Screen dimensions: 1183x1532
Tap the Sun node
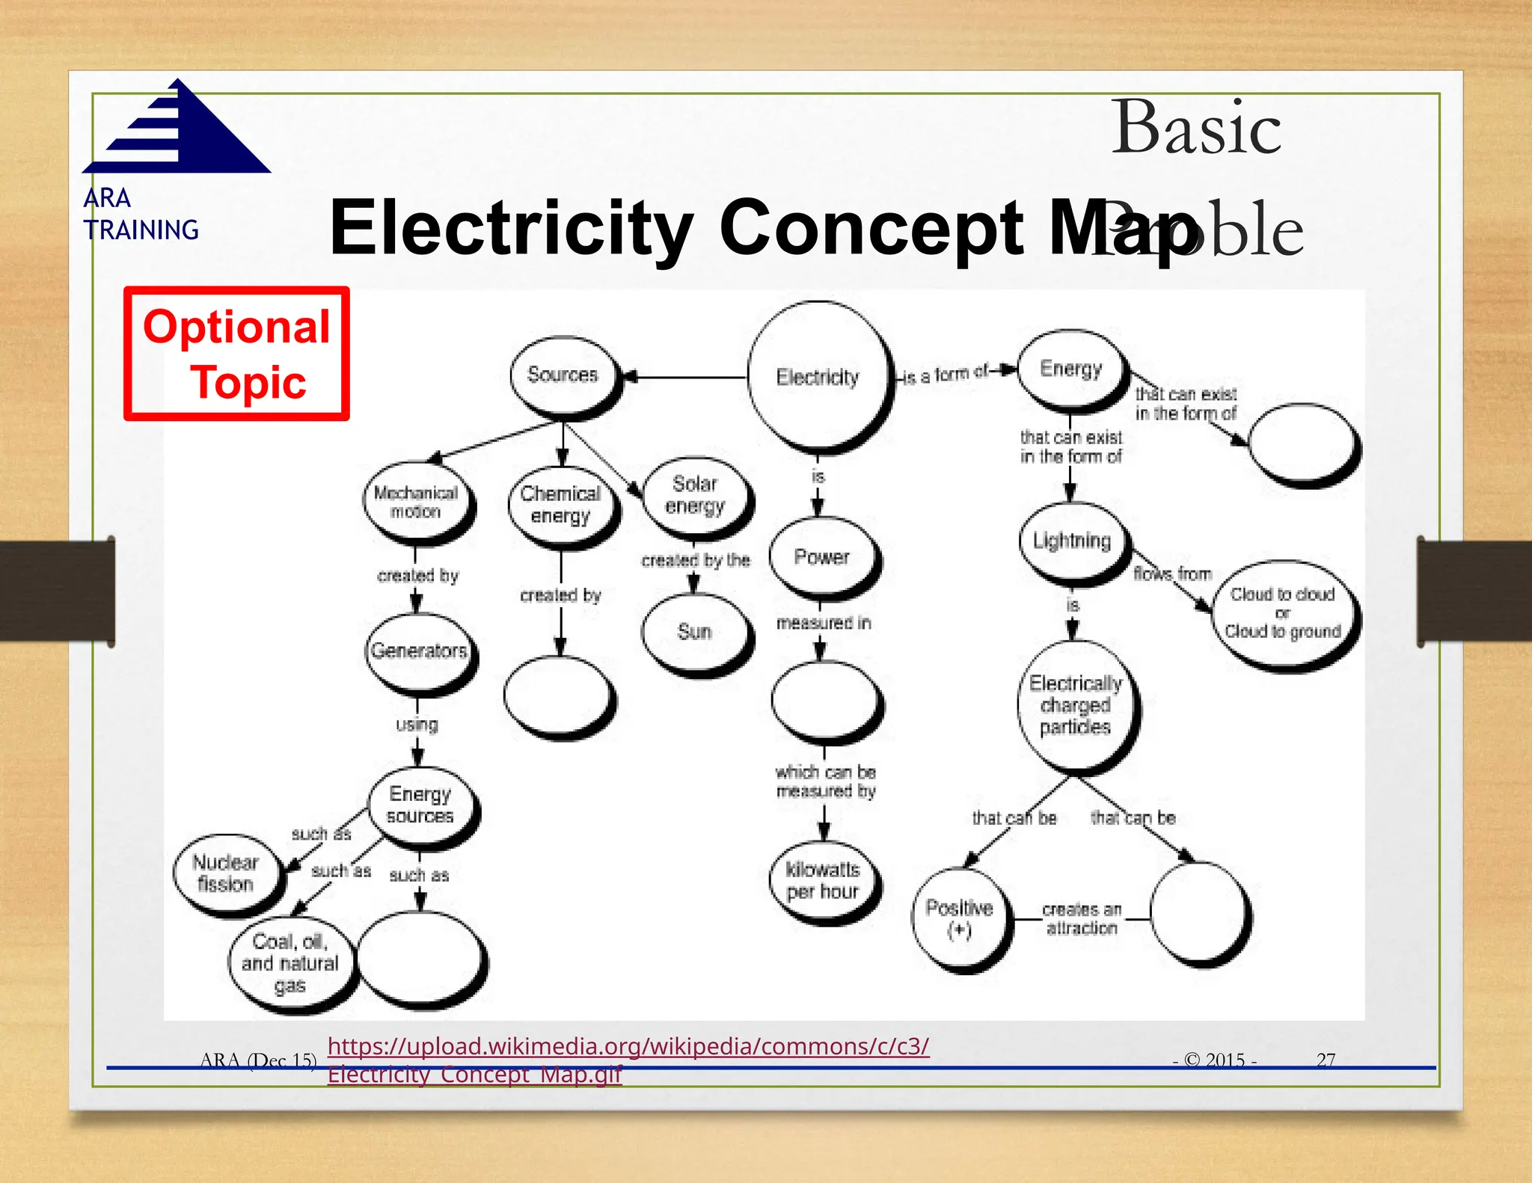tap(695, 632)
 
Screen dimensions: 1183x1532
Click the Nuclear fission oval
tap(226, 873)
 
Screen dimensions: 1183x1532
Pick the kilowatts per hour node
tap(823, 881)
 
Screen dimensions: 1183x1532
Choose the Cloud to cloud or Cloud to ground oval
tap(1284, 613)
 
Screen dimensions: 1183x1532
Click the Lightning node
tap(1073, 541)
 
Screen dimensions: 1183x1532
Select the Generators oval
tap(420, 651)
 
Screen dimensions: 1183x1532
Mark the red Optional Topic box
tap(236, 354)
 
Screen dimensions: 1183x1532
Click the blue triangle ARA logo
tap(180, 131)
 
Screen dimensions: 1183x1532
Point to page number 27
tap(1326, 1060)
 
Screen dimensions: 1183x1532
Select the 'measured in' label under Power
tap(824, 623)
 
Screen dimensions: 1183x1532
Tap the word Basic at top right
tap(1195, 129)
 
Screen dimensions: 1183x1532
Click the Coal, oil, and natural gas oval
tap(290, 963)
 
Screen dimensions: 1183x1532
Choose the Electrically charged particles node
tap(1076, 705)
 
